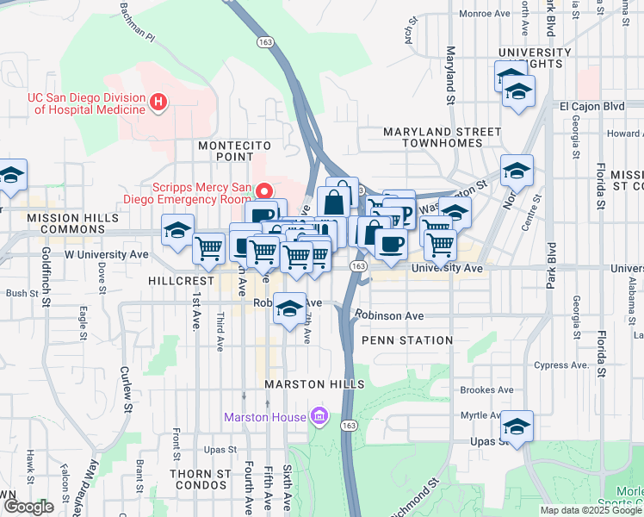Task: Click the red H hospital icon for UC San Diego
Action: coord(158,103)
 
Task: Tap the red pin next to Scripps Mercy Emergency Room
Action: coord(266,190)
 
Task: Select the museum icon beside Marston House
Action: coord(319,418)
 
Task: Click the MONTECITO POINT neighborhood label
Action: coord(226,151)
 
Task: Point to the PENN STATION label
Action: coord(407,340)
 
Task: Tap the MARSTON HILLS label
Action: coord(315,383)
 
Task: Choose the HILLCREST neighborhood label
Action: coord(179,281)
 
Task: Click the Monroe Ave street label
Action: coord(483,13)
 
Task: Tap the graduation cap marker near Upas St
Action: coord(517,427)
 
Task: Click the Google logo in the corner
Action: coord(28,507)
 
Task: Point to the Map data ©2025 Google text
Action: coord(590,510)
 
